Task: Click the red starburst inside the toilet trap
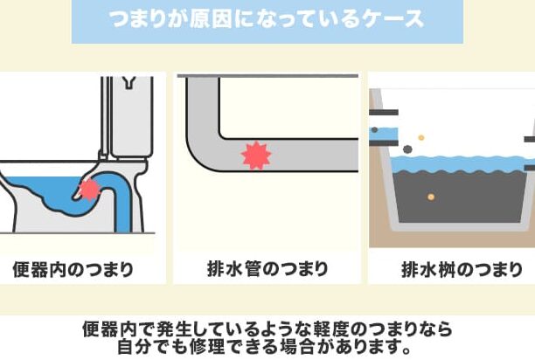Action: pyautogui.click(x=89, y=190)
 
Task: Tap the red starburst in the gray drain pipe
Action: pyautogui.click(x=256, y=156)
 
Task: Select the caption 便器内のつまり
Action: pyautogui.click(x=73, y=269)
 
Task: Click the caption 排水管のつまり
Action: pyautogui.click(x=267, y=268)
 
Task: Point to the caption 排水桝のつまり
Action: pyautogui.click(x=462, y=269)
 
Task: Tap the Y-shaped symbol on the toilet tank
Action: pyautogui.click(x=129, y=82)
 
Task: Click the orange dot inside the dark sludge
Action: pyautogui.click(x=431, y=197)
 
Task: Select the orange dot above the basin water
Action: pyautogui.click(x=421, y=138)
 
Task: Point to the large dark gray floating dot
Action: pyautogui.click(x=407, y=149)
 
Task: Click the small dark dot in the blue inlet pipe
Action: pyautogui.click(x=374, y=130)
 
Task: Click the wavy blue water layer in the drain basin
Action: pyautogui.click(x=457, y=164)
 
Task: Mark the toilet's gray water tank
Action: pyautogui.click(x=132, y=116)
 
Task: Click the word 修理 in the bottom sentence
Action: pyautogui.click(x=208, y=346)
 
